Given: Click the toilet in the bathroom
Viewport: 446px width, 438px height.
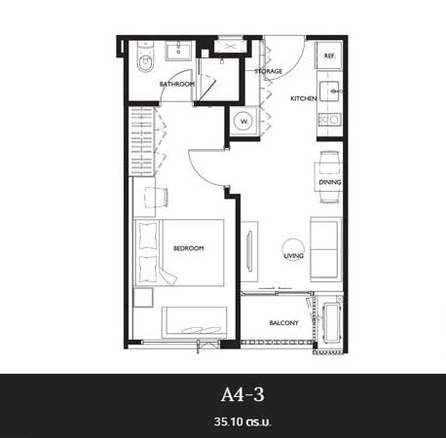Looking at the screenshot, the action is [145, 56].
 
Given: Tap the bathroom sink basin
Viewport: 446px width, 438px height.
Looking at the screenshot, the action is [178, 51].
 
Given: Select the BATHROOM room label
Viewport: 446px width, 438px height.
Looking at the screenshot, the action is [177, 84].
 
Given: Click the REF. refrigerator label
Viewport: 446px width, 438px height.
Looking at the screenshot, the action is [329, 56].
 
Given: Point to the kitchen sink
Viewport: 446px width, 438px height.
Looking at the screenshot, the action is [329, 91].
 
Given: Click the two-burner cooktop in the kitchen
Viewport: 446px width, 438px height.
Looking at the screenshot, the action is [330, 120].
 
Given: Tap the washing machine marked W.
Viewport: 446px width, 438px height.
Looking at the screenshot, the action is [244, 122].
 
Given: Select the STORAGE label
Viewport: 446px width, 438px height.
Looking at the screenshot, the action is [269, 71].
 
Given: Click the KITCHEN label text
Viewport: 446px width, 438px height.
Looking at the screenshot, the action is [304, 98].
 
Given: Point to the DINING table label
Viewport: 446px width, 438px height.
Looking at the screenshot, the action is [330, 182].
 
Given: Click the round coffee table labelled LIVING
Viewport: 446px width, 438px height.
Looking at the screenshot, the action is [294, 250].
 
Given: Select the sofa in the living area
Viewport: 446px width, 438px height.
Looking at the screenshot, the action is [325, 249].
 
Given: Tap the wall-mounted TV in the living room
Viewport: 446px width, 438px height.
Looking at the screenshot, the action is [249, 251].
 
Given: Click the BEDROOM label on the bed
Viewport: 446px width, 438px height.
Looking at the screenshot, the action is [189, 248].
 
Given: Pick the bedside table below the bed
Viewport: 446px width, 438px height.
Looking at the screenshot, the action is [143, 298].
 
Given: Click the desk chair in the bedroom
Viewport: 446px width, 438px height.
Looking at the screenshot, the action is [157, 197].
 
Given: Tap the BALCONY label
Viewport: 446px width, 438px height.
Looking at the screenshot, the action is [283, 323].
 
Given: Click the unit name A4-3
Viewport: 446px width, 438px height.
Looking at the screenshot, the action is [242, 395].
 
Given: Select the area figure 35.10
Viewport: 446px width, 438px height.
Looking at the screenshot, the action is [229, 421].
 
